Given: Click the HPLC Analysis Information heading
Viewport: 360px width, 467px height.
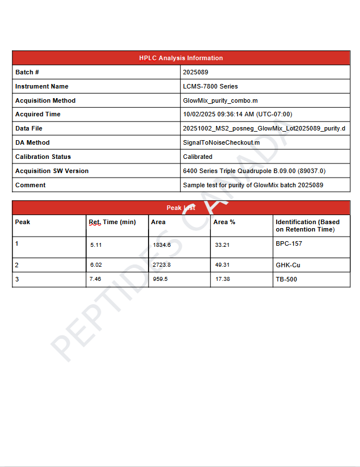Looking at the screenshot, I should [x=181, y=58].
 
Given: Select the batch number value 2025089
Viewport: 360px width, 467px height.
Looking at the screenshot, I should [x=196, y=72].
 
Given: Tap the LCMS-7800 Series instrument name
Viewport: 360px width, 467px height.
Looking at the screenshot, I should [x=210, y=86].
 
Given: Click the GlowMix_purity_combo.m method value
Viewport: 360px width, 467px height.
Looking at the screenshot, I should [x=220, y=100].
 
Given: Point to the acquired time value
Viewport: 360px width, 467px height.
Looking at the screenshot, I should [x=238, y=114].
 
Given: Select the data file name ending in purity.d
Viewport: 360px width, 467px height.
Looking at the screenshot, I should [x=264, y=128].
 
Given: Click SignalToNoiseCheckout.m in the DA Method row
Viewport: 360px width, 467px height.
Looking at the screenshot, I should [x=221, y=142].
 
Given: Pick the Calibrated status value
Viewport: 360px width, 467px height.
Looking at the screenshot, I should [x=198, y=157].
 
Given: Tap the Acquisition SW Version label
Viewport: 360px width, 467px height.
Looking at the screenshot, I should [x=52, y=171].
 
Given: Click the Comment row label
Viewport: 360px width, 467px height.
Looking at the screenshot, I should [x=31, y=185].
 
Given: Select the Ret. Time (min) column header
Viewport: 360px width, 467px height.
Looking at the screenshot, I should [x=112, y=222].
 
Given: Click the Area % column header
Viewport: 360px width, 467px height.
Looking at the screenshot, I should [x=224, y=222].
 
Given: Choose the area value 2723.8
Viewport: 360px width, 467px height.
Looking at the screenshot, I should [x=162, y=265].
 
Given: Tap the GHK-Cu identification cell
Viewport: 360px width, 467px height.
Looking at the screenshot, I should [x=287, y=265].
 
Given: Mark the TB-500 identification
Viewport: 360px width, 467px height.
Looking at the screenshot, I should [x=286, y=279].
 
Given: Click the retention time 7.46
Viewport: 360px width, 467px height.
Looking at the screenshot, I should [x=95, y=279].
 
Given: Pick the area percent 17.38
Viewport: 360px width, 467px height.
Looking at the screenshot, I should [x=222, y=279].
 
